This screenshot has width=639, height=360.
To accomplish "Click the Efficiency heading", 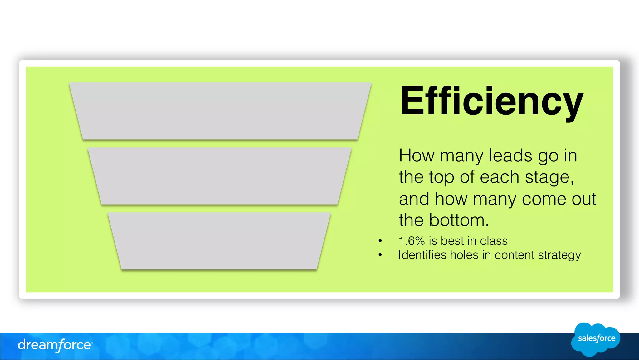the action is (x=491, y=102).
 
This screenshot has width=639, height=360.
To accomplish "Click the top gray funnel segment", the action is (x=220, y=111).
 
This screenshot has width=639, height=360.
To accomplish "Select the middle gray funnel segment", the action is (x=220, y=176).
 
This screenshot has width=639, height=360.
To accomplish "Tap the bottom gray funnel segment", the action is (x=219, y=241).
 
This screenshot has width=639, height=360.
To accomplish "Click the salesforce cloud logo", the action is (x=596, y=339).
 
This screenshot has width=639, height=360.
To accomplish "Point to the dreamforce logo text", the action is (x=55, y=345).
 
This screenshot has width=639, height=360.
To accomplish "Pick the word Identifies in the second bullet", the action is (x=422, y=255).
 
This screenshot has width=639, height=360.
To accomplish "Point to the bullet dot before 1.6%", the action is (x=380, y=241).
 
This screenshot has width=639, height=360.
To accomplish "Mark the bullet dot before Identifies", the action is (x=380, y=255).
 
